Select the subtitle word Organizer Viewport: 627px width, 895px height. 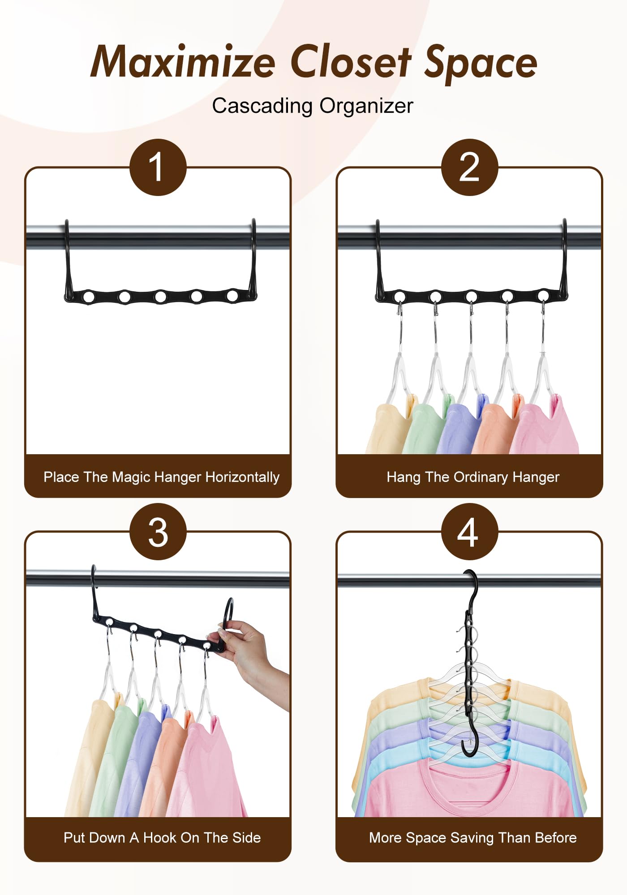(366, 106)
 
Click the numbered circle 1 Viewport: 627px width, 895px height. (158, 167)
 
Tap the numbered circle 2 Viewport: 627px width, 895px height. (469, 167)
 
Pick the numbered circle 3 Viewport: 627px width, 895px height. (158, 532)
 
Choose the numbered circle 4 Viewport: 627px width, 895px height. (469, 532)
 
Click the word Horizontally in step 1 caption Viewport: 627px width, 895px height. (242, 477)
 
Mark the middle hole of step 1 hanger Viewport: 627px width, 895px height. (161, 297)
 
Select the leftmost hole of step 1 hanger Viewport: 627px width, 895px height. (89, 296)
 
